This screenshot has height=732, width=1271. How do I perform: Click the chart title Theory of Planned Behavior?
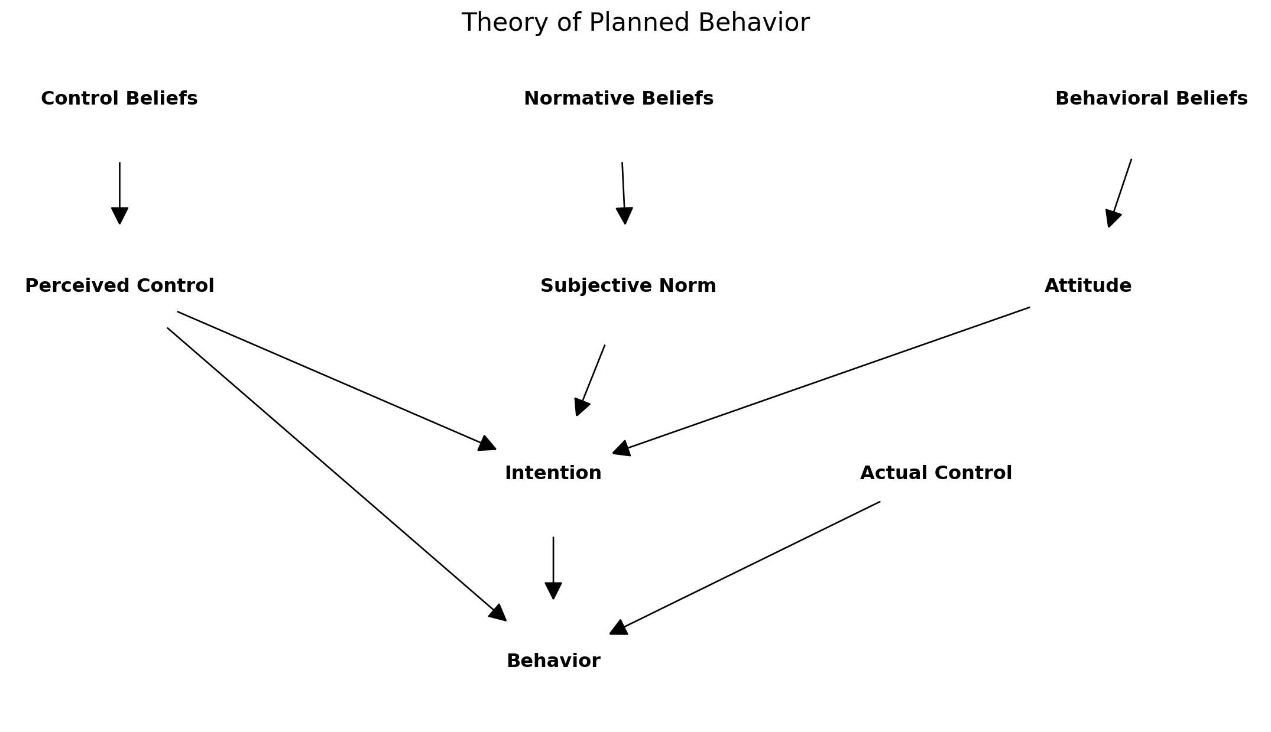coord(635,23)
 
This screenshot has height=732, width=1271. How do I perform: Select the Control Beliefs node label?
coord(119,99)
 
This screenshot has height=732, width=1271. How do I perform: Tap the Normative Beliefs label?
coord(618,99)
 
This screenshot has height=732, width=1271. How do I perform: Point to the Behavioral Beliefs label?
coord(1151,99)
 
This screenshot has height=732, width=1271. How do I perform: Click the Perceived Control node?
coord(119,286)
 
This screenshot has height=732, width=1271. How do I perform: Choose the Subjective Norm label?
coord(628,286)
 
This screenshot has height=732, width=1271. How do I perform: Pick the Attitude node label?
coord(1088,286)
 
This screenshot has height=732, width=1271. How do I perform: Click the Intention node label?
coord(553,473)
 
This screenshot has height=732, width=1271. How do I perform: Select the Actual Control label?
coord(936,473)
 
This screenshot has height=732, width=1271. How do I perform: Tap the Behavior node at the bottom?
coord(553,661)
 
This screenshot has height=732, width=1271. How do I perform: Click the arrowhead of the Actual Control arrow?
coord(618,628)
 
